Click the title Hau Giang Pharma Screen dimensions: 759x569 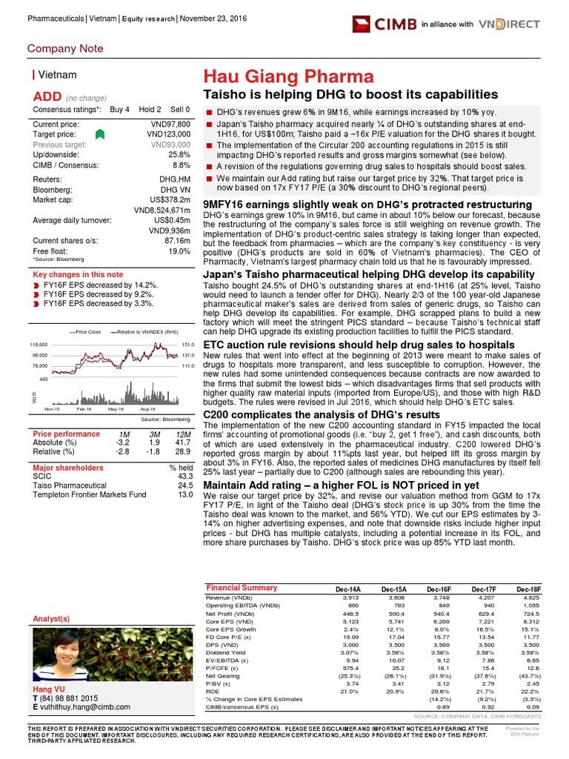tap(288, 76)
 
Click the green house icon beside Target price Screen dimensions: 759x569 tap(101, 134)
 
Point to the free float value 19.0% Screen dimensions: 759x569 tap(182, 252)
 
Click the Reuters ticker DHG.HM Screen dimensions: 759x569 tap(176, 179)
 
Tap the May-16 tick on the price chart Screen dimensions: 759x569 tap(116, 409)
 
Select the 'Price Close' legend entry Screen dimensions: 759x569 tap(87, 332)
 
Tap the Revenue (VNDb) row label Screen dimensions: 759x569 tap(228, 597)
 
